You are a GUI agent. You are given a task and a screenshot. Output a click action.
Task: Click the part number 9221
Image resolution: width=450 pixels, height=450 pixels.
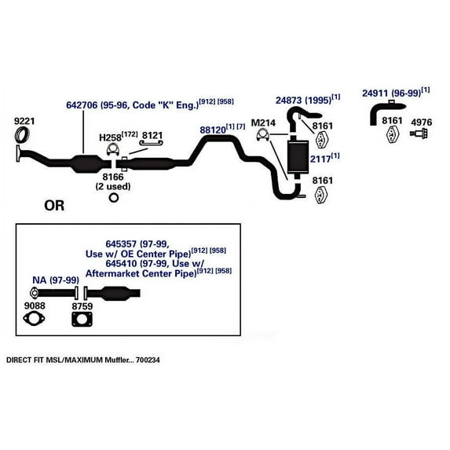pyautogui.click(x=25, y=122)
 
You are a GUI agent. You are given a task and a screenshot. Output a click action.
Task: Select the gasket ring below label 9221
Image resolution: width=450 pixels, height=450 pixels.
pyautogui.click(x=24, y=138)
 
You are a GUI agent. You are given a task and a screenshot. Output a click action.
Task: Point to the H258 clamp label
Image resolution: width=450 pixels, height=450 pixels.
pyautogui.click(x=109, y=137)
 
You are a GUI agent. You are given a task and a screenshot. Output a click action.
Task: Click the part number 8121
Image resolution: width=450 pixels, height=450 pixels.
pyautogui.click(x=152, y=136)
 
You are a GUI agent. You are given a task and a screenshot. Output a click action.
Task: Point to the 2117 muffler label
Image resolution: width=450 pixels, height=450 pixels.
pyautogui.click(x=320, y=157)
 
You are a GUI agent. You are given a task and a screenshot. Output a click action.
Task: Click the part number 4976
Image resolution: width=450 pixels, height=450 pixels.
pyautogui.click(x=422, y=122)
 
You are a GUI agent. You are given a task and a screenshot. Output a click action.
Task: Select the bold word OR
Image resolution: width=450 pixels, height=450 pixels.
pyautogui.click(x=54, y=206)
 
